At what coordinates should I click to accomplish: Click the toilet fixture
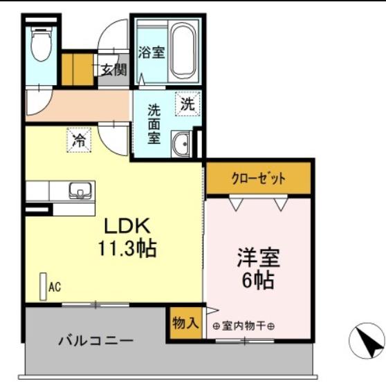[x=42, y=44]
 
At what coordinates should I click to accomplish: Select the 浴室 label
[x=151, y=53]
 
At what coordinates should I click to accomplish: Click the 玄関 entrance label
[x=114, y=70]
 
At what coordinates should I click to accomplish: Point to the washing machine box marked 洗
[x=187, y=104]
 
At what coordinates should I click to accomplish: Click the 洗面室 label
[x=154, y=124]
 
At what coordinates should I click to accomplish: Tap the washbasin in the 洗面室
[x=181, y=144]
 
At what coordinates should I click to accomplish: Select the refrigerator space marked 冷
[x=79, y=140]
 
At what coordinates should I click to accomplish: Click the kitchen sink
[x=80, y=191]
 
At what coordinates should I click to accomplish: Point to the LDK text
[x=127, y=226]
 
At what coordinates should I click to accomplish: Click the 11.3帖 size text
[x=127, y=248]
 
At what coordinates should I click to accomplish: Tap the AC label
[x=55, y=287]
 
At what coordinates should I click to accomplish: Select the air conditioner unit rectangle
[x=44, y=287]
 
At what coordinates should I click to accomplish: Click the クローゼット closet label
[x=259, y=178]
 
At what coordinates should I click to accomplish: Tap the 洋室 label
[x=259, y=257]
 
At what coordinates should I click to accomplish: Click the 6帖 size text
[x=258, y=279]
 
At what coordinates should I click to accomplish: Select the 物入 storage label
[x=185, y=324]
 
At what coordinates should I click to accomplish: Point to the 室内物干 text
[x=243, y=326]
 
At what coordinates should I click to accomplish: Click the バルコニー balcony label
[x=96, y=340]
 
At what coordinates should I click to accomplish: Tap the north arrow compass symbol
[x=367, y=341]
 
